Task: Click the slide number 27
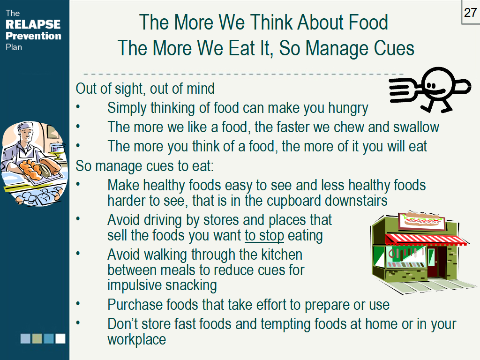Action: coord(470,13)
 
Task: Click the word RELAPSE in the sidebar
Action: coord(33,24)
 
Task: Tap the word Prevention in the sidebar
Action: coord(33,36)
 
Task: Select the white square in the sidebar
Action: coord(60,338)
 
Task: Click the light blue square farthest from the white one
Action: coord(25,338)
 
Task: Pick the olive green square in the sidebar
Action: coord(37,338)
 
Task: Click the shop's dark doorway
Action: coord(441,263)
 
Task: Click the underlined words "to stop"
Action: coord(264,235)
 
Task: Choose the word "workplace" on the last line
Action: coord(137,339)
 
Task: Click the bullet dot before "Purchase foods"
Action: coord(79,305)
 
